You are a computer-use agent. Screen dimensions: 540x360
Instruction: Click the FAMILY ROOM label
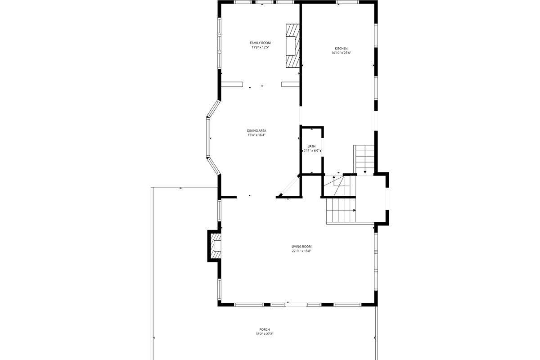coord(260,43)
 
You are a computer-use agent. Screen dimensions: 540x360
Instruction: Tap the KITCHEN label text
coord(341,49)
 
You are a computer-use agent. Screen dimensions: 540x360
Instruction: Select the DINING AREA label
coord(256,130)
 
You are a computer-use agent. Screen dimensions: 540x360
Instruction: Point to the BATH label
coord(311,146)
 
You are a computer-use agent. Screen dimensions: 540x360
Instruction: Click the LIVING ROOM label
coord(301,247)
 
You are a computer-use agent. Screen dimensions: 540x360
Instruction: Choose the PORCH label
coord(265,329)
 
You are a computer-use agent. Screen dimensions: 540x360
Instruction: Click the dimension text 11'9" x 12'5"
coord(260,47)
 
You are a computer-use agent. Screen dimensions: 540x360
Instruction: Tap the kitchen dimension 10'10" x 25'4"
coord(341,53)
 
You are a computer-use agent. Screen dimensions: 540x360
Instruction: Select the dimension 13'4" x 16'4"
coord(256,135)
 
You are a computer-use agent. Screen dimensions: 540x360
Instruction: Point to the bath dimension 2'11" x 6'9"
coord(311,151)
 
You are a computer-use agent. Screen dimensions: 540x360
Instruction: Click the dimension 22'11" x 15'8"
coord(301,251)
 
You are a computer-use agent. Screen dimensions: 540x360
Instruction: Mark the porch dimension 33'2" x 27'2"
coord(265,334)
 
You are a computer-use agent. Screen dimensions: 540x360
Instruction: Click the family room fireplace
coord(293,46)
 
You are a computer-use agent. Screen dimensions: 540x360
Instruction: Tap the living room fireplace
coord(215,246)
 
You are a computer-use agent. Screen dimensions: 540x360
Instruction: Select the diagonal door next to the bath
coord(289,185)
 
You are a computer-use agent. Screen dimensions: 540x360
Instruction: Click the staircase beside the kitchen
coord(364,159)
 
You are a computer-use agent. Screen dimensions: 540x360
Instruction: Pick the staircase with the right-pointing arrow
coord(341,210)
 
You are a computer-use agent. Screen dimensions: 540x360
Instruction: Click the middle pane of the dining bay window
coord(208,137)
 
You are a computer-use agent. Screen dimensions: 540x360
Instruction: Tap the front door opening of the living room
coord(296,305)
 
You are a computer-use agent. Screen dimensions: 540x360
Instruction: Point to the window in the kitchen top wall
coord(347,2)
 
